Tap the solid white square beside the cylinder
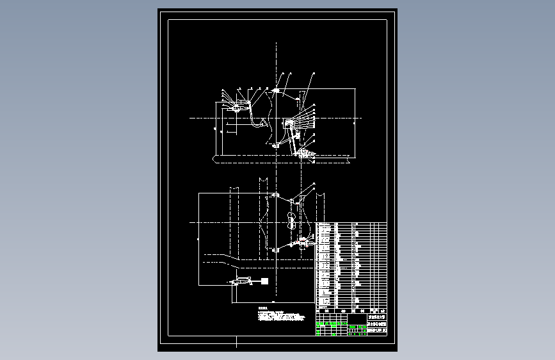pyautogui.click(x=263, y=281)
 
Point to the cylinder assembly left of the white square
pyautogui.click(x=242, y=281)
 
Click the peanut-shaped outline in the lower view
pyautogui.click(x=291, y=222)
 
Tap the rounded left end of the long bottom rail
pyautogui.click(x=216, y=158)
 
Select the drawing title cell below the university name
pyautogui.click(x=376, y=324)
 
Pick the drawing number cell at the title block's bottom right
pyautogui.click(x=376, y=331)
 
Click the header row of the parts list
pyautogui.click(x=351, y=224)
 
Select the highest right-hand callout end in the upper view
pyautogui.click(x=314, y=76)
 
